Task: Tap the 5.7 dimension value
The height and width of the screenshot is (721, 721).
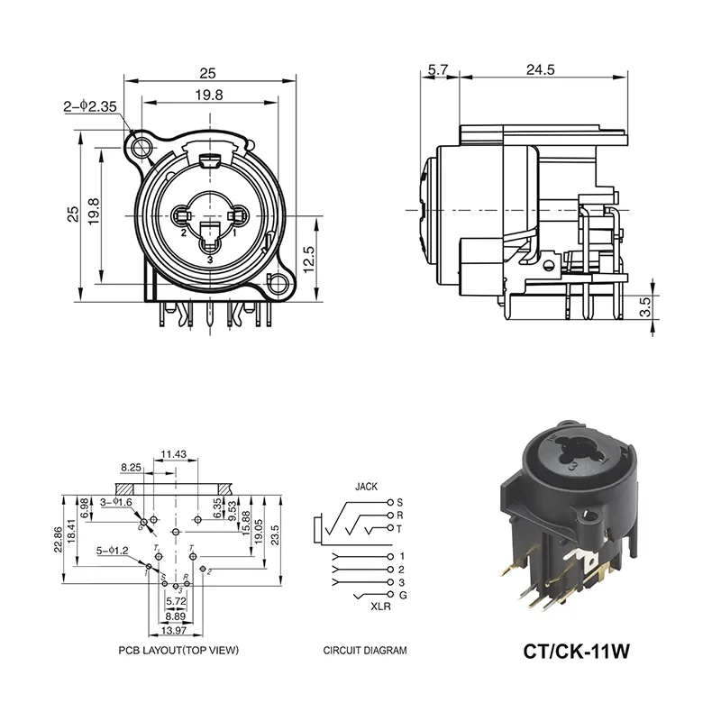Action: (x=439, y=69)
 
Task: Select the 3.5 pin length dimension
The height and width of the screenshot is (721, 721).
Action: (x=645, y=307)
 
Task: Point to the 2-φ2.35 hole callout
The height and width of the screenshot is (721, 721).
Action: (x=91, y=106)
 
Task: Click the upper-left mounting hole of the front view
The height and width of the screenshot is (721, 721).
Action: (x=140, y=146)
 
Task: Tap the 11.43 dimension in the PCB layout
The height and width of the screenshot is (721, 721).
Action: (x=173, y=455)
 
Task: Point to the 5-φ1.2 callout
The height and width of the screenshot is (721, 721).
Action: (x=114, y=550)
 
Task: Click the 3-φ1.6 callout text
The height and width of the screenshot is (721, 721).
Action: (x=116, y=502)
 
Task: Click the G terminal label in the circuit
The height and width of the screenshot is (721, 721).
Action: (x=402, y=597)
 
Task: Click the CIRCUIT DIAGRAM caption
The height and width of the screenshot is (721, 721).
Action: (x=365, y=650)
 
